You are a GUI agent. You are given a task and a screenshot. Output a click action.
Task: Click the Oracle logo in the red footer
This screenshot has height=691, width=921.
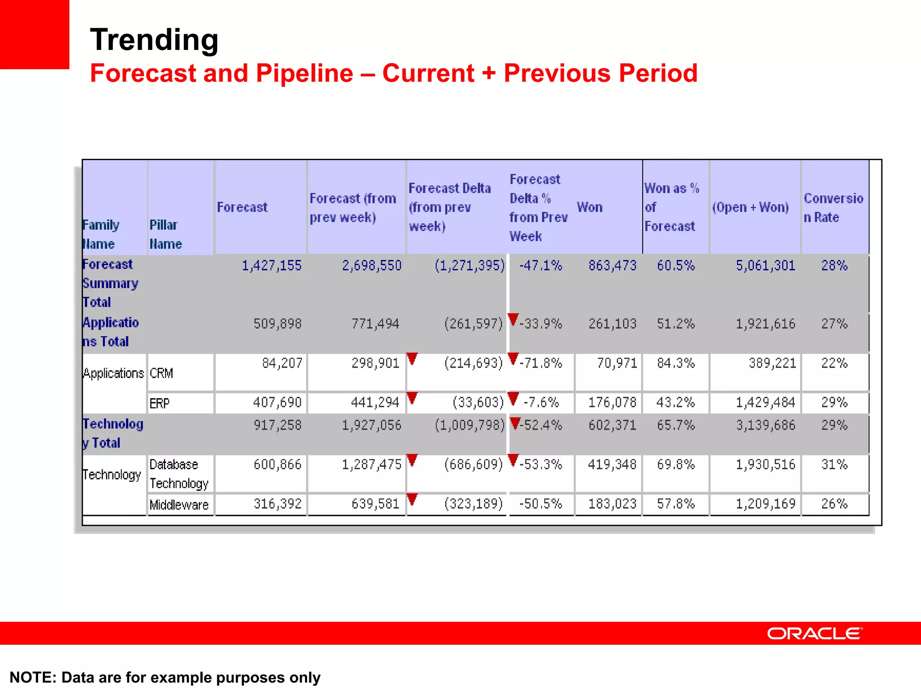(814, 633)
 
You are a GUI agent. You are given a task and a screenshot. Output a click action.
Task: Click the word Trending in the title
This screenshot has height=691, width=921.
(154, 40)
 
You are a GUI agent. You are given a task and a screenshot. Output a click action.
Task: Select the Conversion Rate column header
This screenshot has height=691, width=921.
(833, 207)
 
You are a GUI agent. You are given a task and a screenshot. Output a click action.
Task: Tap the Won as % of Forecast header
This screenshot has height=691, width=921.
(671, 207)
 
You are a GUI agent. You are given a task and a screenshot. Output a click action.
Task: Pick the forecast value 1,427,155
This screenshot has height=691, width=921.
(272, 265)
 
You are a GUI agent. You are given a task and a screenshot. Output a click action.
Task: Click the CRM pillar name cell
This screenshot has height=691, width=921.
(161, 373)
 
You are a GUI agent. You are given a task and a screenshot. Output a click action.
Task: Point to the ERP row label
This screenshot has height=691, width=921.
(160, 403)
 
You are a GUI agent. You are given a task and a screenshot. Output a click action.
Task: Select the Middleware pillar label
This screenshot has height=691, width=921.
(179, 505)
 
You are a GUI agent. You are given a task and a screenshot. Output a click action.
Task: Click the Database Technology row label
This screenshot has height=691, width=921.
(179, 474)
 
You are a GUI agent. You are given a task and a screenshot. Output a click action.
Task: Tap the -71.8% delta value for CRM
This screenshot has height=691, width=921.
(541, 363)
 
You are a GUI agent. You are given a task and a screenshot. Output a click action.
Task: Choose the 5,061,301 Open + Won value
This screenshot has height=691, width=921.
(765, 265)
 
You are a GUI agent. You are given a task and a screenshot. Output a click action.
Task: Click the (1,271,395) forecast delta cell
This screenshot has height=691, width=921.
(469, 265)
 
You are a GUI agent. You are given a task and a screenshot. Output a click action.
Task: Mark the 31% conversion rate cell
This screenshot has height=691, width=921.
(834, 464)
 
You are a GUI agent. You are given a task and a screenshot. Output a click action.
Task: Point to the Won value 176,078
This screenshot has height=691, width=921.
(613, 402)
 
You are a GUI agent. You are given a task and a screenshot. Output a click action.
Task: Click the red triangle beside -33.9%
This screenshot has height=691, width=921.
(513, 319)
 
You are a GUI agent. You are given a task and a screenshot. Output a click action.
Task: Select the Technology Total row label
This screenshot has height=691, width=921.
(113, 433)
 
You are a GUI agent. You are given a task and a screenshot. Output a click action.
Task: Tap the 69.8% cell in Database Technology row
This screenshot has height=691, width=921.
(675, 464)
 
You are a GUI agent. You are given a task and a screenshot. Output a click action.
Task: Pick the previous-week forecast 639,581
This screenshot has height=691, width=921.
(376, 503)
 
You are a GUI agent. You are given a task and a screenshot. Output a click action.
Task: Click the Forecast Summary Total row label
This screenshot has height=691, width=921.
(110, 283)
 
